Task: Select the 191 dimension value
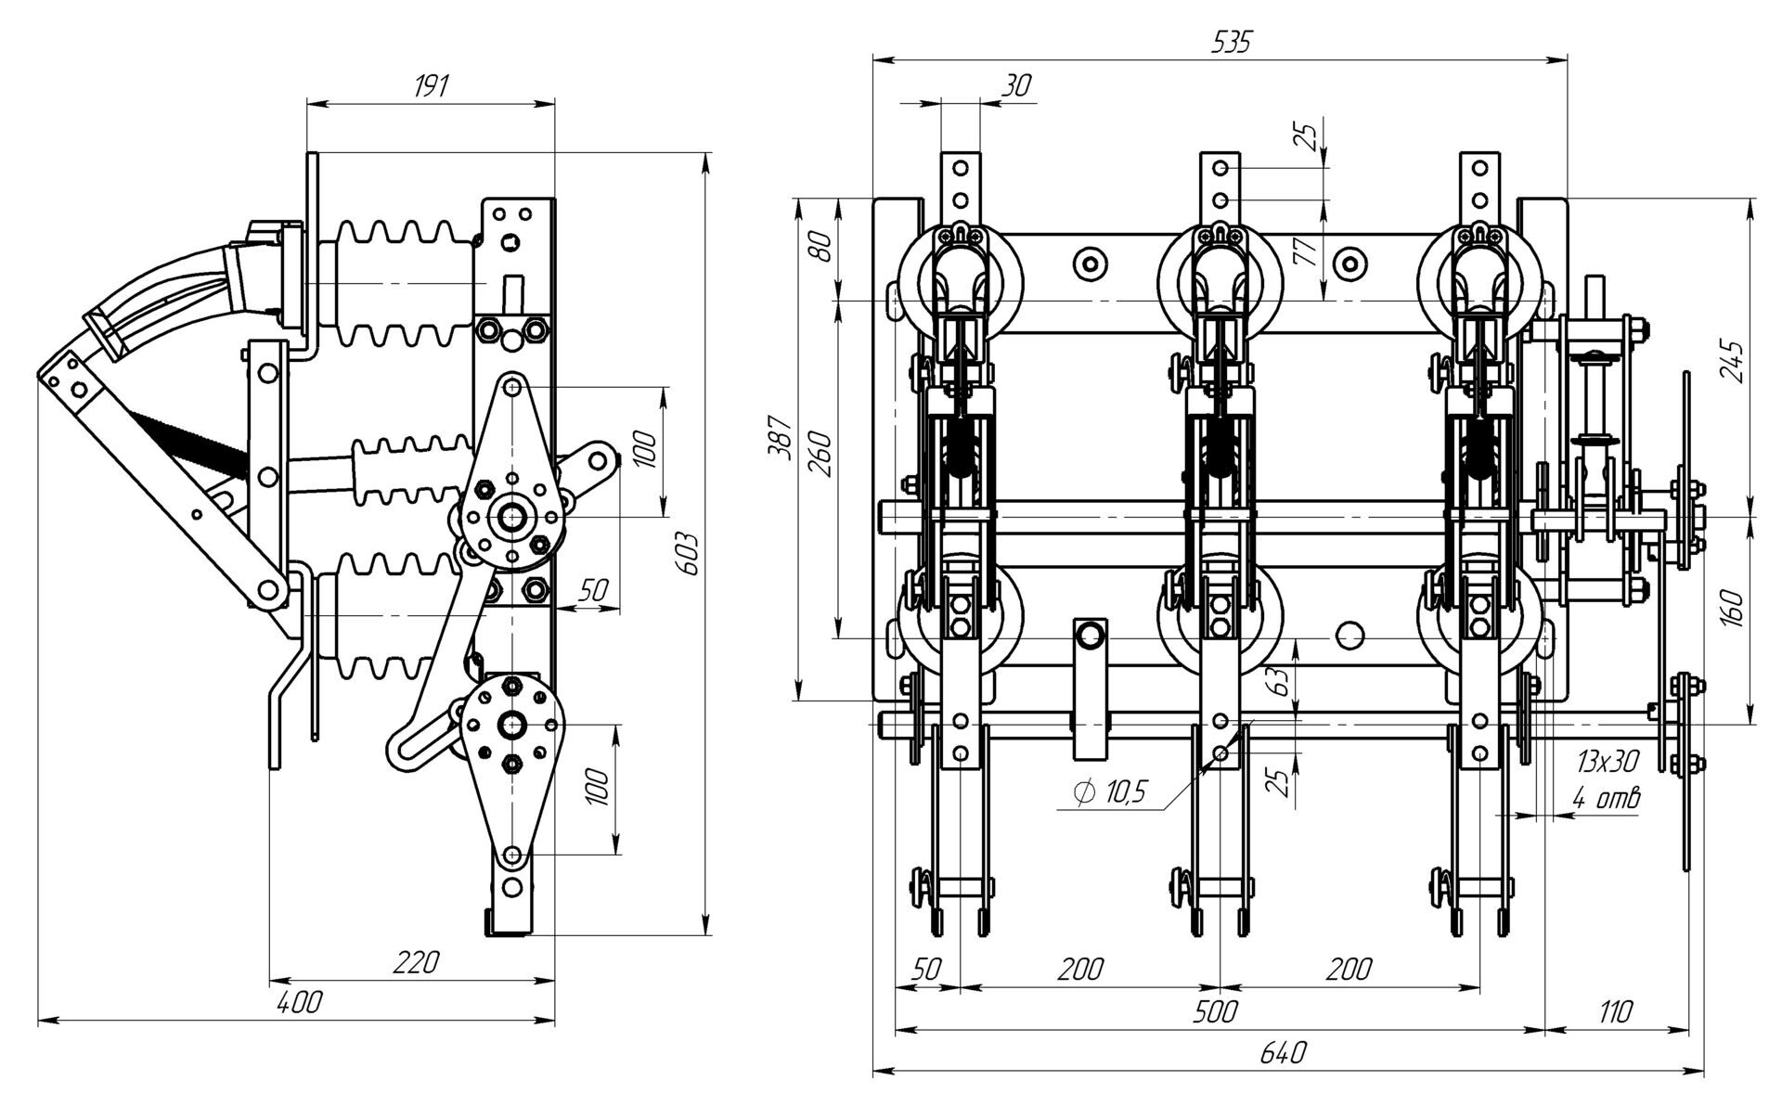tap(431, 86)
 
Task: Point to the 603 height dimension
tap(688, 555)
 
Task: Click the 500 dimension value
tap(1216, 1010)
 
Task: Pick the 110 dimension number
tap(1615, 1010)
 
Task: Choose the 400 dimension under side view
tap(301, 1002)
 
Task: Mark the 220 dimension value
tap(414, 962)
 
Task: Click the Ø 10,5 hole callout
tap(1110, 791)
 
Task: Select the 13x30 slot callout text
tap(1607, 763)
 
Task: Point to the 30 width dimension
tap(1017, 86)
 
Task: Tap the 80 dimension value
tap(820, 249)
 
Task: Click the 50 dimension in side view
tap(593, 589)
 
